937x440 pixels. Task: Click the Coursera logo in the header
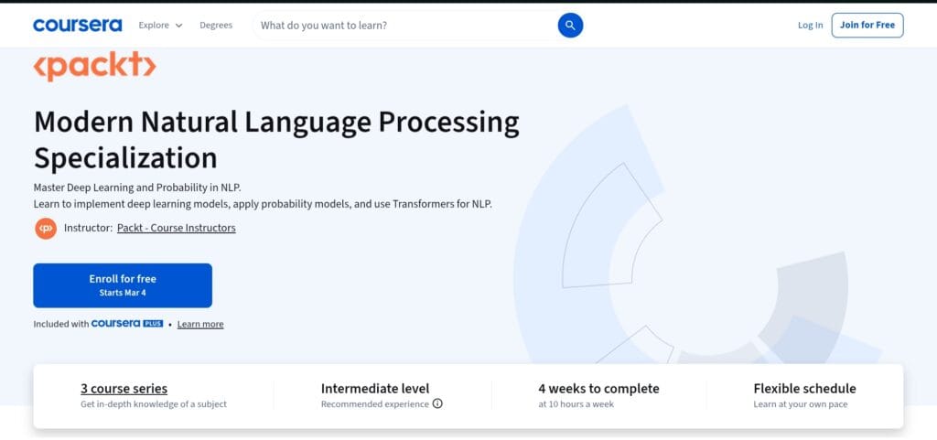tap(77, 26)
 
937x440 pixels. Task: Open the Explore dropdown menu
tap(160, 26)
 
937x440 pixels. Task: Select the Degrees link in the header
tap(216, 26)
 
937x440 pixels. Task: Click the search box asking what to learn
tap(403, 26)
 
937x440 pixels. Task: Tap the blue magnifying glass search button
tap(570, 26)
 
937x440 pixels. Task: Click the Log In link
tap(810, 26)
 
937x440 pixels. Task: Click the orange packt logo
tap(95, 66)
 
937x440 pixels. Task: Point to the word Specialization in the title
tap(125, 156)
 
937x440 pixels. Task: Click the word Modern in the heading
tap(84, 122)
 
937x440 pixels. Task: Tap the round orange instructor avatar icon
tap(46, 228)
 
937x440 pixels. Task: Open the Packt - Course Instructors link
tap(176, 228)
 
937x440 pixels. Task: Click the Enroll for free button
tap(123, 284)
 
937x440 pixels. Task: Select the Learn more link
tap(200, 324)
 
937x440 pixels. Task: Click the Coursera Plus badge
tap(127, 324)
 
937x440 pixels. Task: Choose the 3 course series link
tap(124, 388)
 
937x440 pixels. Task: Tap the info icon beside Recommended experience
tap(437, 403)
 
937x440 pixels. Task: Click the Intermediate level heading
tap(374, 388)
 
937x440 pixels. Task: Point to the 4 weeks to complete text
tap(598, 388)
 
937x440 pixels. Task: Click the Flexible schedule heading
tap(804, 388)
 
